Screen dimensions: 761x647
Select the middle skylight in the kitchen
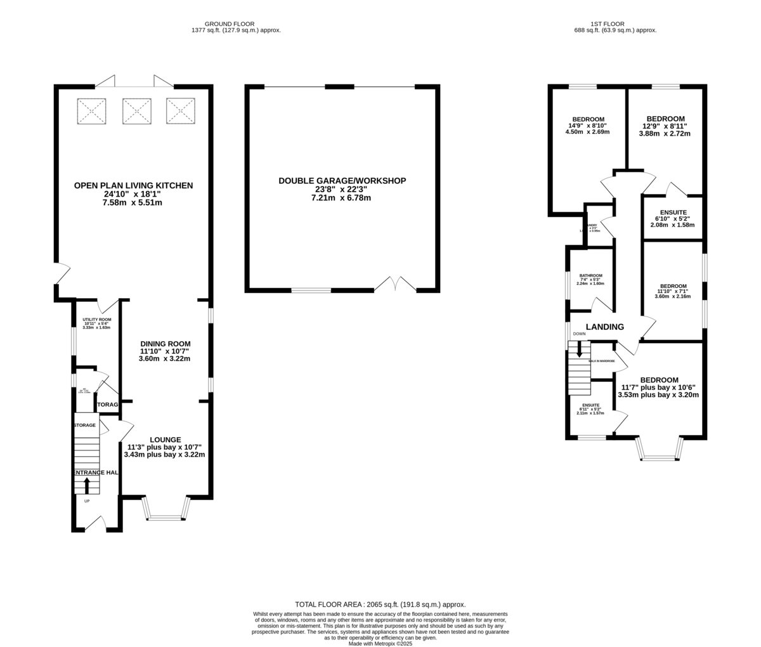pos(136,111)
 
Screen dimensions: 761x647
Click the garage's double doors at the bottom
pos(395,284)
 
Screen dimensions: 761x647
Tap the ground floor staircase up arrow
pos(87,485)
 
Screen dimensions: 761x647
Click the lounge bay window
pos(166,511)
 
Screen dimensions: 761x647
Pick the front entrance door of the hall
pos(95,523)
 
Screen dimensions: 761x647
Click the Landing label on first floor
pos(604,327)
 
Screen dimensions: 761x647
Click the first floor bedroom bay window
pos(660,449)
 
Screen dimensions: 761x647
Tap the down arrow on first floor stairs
pos(579,350)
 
